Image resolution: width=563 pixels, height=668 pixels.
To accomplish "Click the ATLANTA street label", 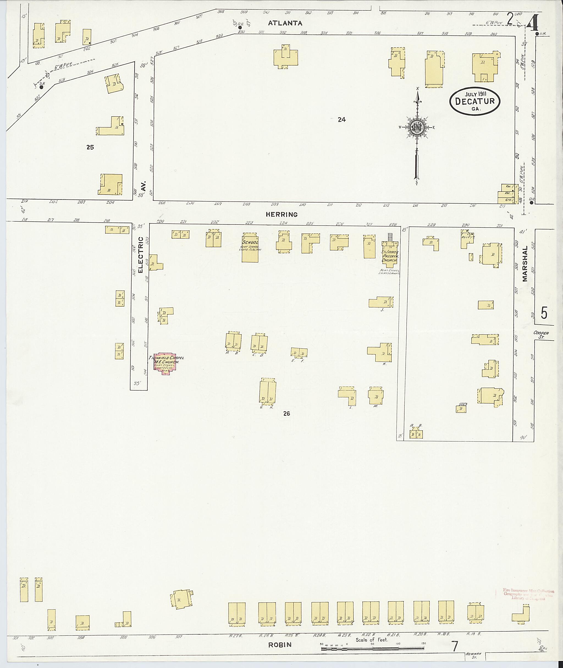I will click(x=285, y=23).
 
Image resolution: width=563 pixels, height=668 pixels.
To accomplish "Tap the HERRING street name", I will click(x=282, y=215).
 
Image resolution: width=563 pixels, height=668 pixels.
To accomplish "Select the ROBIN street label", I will click(x=280, y=645).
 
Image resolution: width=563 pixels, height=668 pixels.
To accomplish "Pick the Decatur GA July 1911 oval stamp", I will click(x=474, y=101).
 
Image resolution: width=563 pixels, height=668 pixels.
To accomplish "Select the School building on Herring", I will click(x=250, y=248).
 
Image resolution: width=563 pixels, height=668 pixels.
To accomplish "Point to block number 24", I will click(x=341, y=120).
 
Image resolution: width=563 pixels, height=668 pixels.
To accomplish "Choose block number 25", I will click(x=90, y=147).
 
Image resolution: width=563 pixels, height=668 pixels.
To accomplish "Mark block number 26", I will click(x=286, y=414).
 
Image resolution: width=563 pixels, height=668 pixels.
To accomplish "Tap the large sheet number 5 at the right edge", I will click(x=544, y=313).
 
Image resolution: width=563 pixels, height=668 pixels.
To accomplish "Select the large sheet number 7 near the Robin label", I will click(x=455, y=646).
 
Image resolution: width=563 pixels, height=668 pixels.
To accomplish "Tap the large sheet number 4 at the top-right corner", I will click(x=533, y=23).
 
